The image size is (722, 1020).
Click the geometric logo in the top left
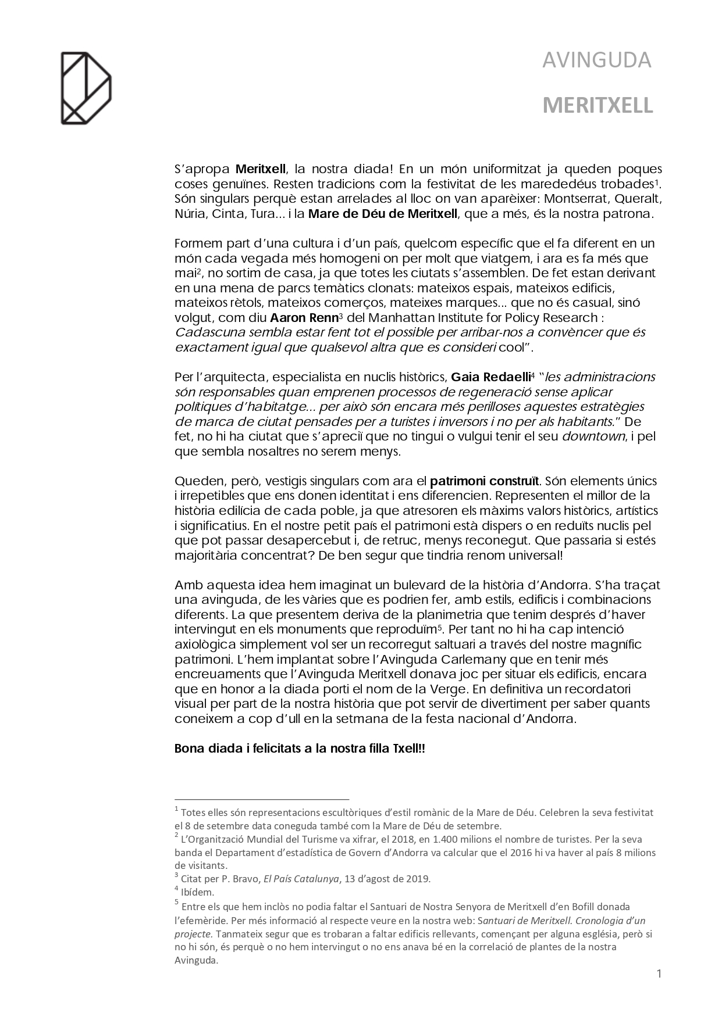coord(86,88)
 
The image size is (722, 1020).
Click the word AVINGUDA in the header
coord(596,60)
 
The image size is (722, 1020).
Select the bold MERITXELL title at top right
coord(597,106)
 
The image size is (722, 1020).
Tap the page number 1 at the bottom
coord(659,974)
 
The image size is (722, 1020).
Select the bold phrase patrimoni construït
coord(485,481)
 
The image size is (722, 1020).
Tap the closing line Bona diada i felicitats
coord(300,749)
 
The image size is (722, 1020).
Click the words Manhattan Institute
coord(415,318)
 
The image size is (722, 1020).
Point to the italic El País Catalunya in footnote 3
coord(301,879)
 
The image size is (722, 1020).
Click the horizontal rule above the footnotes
coord(261,799)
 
